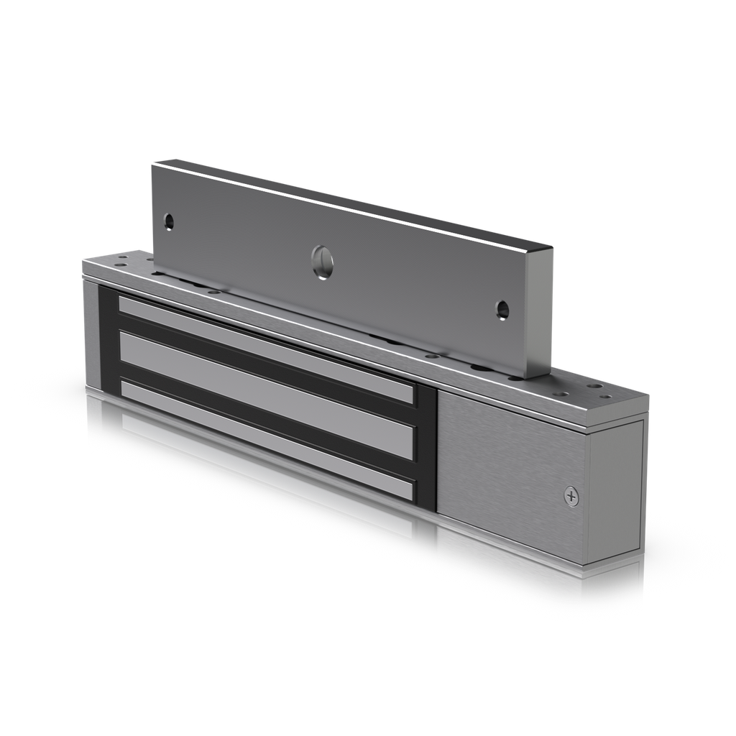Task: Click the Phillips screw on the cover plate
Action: pos(571,495)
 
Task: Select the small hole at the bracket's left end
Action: pos(169,221)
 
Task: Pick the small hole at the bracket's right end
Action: pos(502,310)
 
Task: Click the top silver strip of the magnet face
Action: pos(266,347)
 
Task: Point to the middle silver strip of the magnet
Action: pos(266,392)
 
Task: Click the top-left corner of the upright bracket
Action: pos(153,165)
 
